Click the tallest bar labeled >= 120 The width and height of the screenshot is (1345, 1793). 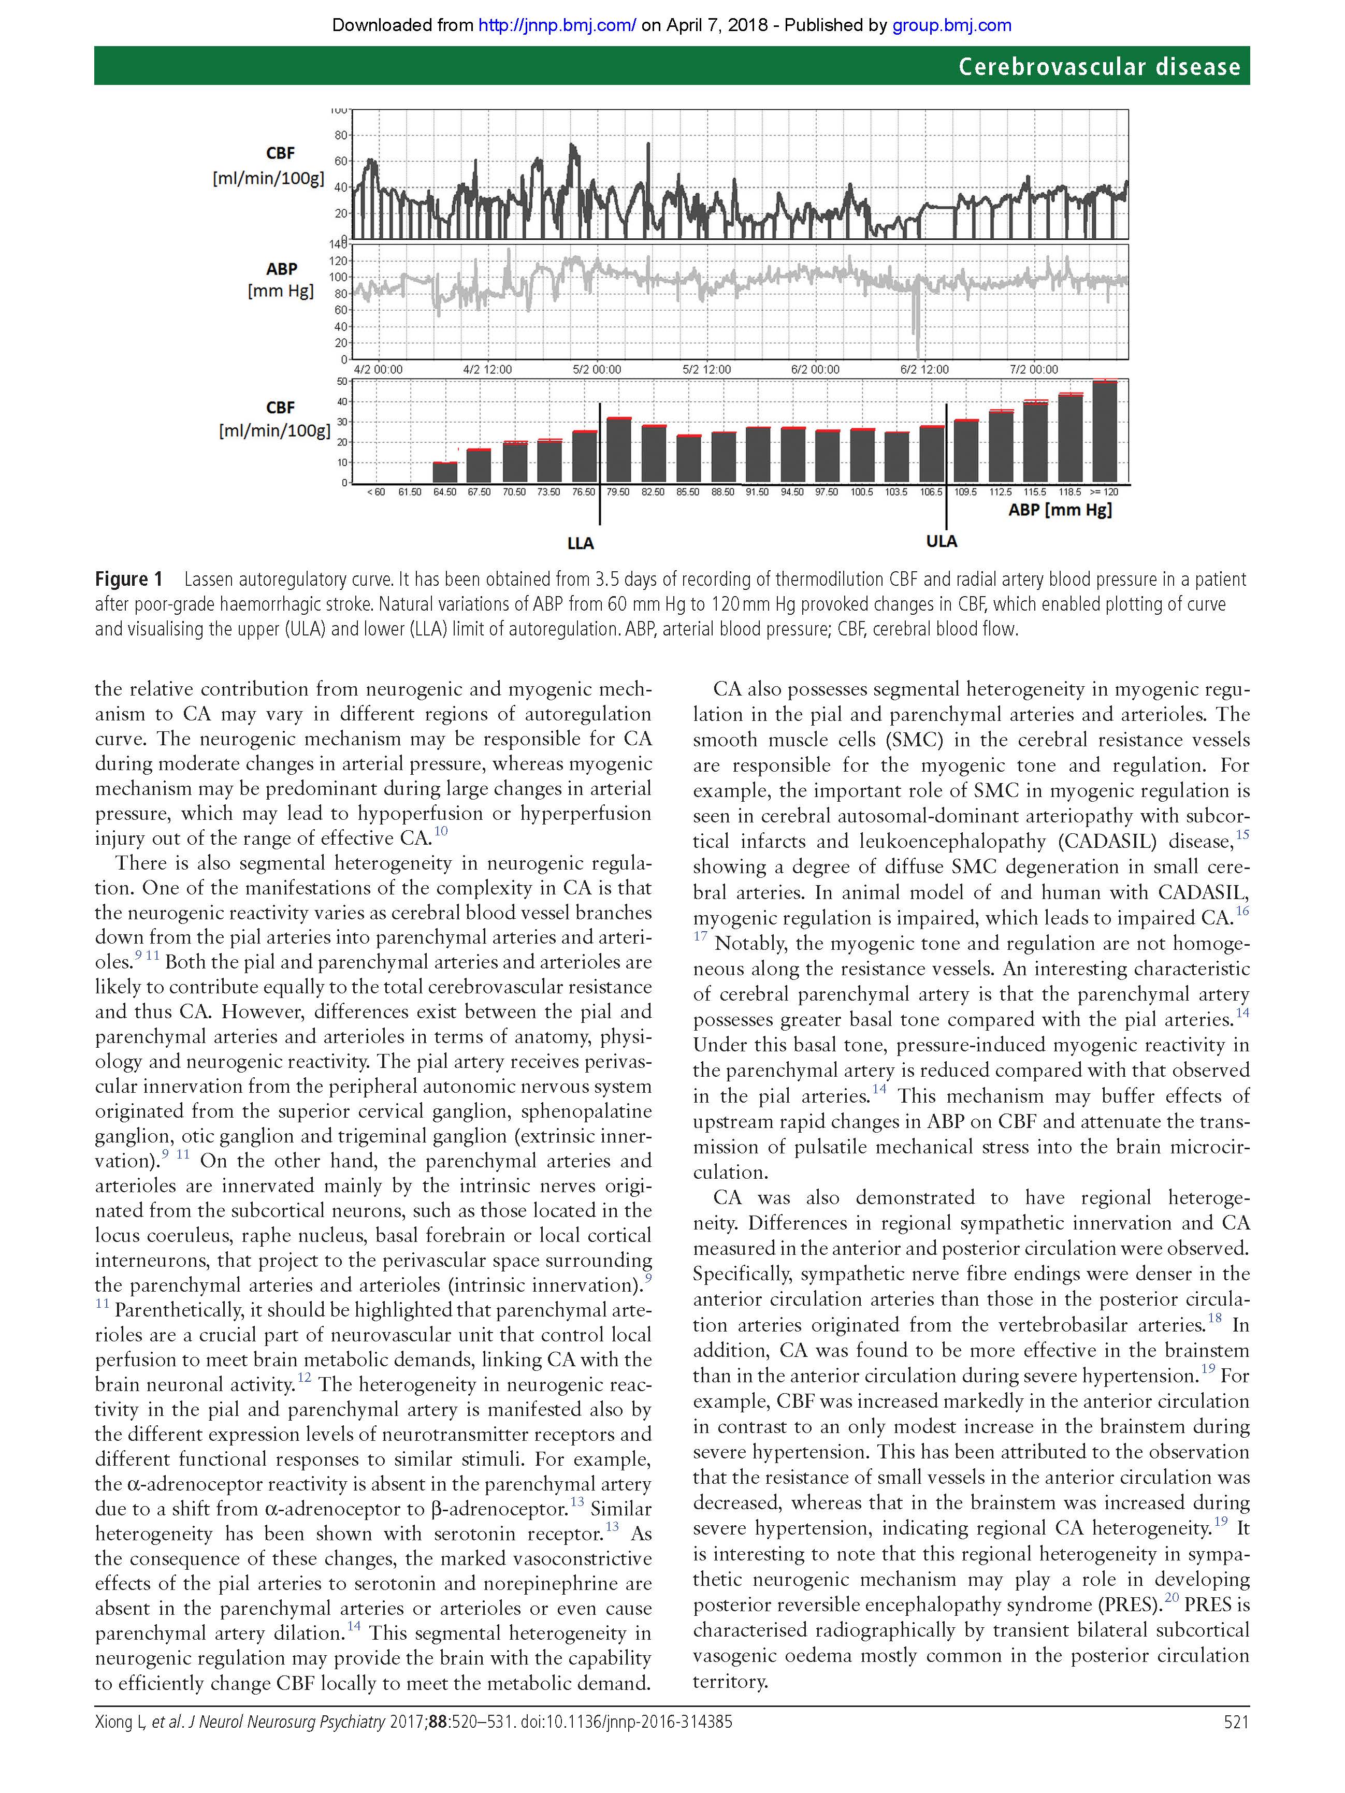[1104, 431]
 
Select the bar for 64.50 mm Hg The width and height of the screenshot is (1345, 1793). [445, 472]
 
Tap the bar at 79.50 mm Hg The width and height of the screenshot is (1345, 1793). [618, 450]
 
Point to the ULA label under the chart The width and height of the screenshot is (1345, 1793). [941, 541]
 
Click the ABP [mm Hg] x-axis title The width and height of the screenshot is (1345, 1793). [1060, 510]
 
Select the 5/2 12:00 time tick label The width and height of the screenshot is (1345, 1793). [706, 370]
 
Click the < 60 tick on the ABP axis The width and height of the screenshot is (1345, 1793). [376, 492]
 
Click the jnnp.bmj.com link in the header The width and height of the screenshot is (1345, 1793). [557, 25]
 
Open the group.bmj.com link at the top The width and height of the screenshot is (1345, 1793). [952, 25]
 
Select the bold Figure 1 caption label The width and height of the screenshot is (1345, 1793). [128, 579]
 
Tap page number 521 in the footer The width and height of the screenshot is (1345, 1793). [1236, 1744]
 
